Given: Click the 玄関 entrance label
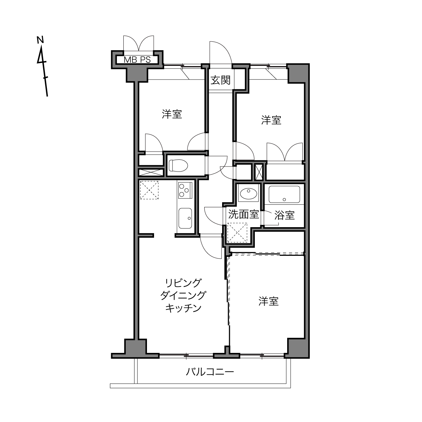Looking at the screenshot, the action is [220, 80].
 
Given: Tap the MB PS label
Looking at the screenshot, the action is [137, 60].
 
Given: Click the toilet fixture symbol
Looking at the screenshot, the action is [178, 165].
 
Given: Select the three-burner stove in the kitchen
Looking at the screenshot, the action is [185, 190].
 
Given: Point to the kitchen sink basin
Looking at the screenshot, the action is [185, 218].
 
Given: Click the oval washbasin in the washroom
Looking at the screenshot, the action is [248, 193].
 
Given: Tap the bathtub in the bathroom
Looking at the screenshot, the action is [284, 194].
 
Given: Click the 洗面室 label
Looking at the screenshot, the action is [243, 214].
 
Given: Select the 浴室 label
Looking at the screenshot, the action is [284, 215].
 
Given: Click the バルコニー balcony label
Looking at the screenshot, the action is [210, 372].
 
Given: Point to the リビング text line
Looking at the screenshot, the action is [183, 283].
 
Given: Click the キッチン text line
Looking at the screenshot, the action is [183, 308].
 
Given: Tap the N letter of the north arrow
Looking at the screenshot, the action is [40, 40].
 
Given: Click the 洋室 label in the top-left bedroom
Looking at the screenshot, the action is [172, 114].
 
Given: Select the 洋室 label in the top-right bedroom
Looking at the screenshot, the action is [271, 120].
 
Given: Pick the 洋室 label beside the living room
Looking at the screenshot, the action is [269, 301].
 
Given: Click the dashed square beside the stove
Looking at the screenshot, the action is [149, 190].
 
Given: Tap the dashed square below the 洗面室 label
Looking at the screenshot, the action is [237, 233].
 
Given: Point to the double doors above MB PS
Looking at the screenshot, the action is [139, 43].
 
